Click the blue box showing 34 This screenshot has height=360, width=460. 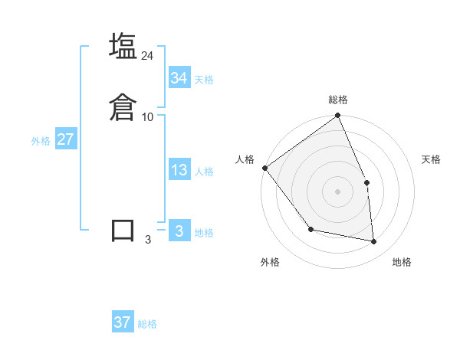point(179,77)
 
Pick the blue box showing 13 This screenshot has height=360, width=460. point(179,170)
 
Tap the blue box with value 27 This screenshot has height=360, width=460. point(65,139)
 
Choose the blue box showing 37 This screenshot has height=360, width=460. point(123,322)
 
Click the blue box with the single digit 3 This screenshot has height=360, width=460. point(179,231)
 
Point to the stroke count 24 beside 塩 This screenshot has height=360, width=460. point(148,56)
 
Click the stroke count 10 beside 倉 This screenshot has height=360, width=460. point(148,117)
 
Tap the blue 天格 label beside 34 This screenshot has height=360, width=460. point(204,80)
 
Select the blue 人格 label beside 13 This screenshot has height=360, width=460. point(204,172)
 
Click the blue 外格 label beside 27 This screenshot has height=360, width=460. point(41,141)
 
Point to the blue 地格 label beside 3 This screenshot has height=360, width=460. point(204,233)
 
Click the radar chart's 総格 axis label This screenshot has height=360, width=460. point(338,100)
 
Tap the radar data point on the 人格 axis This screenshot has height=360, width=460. point(264,168)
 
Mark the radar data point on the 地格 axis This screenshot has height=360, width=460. point(374,241)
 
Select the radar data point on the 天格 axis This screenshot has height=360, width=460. point(366,182)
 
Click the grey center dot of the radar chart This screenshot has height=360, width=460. point(338,191)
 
